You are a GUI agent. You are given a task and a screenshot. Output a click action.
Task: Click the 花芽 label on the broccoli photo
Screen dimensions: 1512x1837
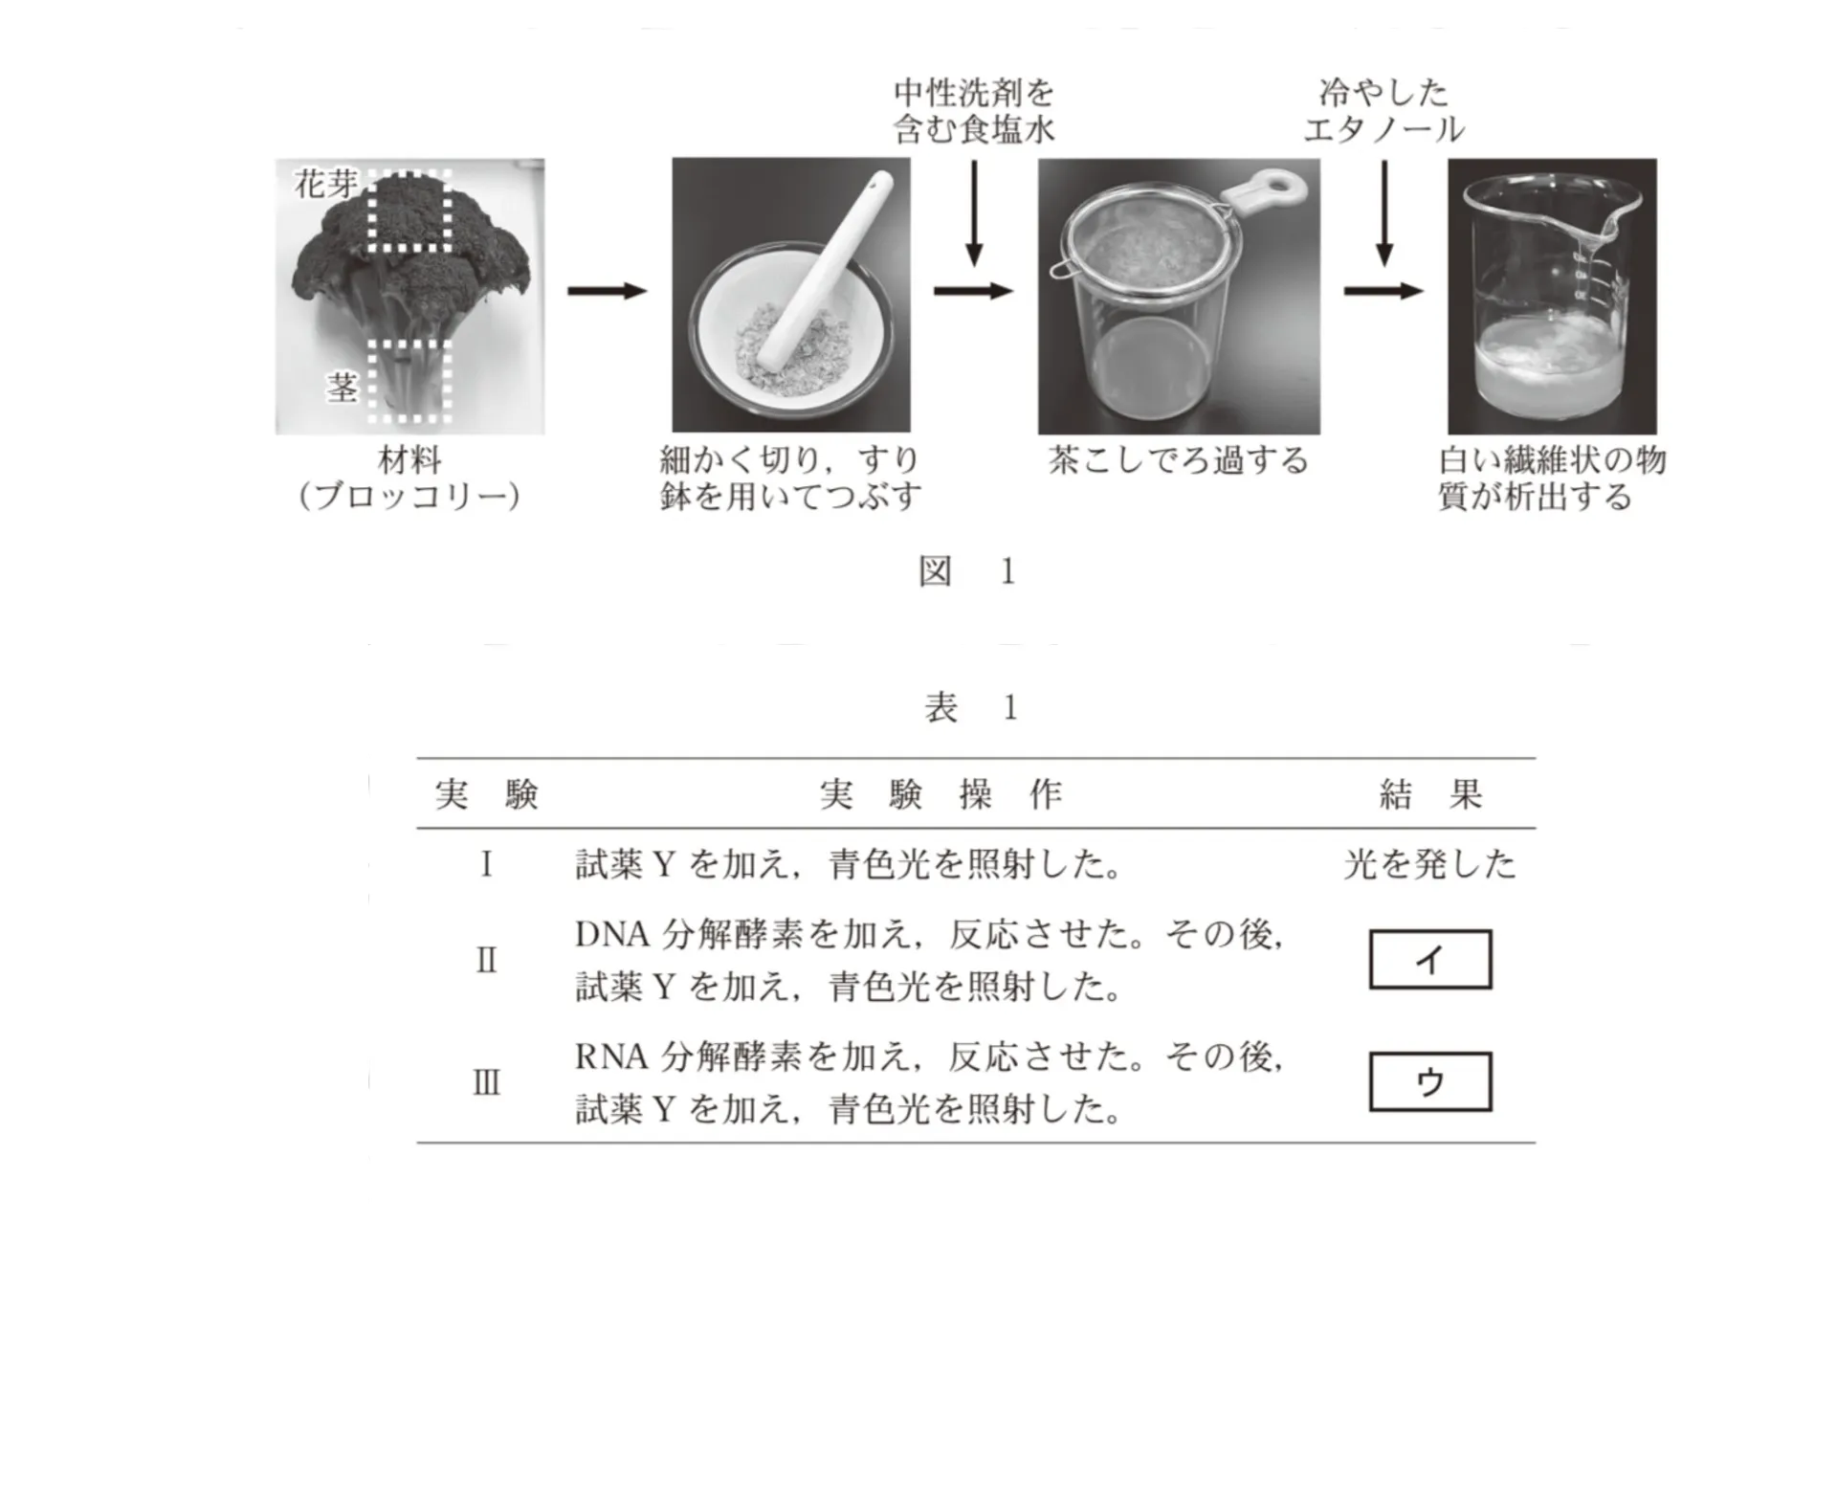pyautogui.click(x=325, y=183)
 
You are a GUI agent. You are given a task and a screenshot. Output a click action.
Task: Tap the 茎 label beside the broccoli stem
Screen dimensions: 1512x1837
pyautogui.click(x=342, y=388)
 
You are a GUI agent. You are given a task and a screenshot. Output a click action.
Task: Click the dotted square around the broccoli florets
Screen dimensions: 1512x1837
pyautogui.click(x=410, y=211)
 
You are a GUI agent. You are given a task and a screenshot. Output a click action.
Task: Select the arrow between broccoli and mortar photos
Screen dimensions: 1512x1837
pyautogui.click(x=607, y=291)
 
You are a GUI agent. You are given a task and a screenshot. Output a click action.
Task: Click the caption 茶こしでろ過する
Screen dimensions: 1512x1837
pyautogui.click(x=1178, y=460)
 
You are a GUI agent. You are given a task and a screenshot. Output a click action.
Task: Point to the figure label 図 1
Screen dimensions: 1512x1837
pyautogui.click(x=966, y=571)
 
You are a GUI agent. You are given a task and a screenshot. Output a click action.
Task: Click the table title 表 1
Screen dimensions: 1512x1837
pyautogui.click(x=970, y=707)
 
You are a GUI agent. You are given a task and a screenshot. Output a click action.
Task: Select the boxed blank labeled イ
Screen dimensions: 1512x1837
pyautogui.click(x=1429, y=959)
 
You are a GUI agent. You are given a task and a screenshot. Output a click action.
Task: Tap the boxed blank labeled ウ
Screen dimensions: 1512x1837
pyautogui.click(x=1429, y=1081)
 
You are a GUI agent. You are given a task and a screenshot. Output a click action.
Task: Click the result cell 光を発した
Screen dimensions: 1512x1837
pyautogui.click(x=1429, y=864)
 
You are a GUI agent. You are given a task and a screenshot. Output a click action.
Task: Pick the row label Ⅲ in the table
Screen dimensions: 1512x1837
pyautogui.click(x=486, y=1082)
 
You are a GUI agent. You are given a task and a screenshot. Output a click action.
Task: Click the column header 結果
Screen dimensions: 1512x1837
pyautogui.click(x=1429, y=794)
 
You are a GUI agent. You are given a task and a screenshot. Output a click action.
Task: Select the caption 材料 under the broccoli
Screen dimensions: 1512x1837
pyautogui.click(x=409, y=460)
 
